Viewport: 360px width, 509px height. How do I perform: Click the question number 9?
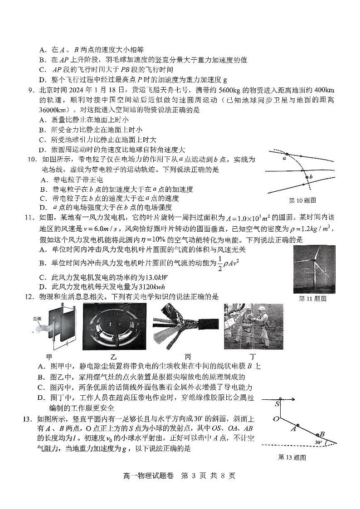pos(31,90)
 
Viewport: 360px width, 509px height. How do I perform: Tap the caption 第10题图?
pos(302,200)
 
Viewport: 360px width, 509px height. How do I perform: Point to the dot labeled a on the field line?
pos(287,155)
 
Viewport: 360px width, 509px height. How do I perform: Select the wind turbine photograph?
pos(314,269)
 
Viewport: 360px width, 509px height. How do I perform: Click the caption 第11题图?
pos(312,298)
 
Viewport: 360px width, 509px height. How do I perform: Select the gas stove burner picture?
pos(114,326)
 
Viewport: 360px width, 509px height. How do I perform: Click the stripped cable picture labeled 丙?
pos(185,327)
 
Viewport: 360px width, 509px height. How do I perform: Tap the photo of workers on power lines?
pos(253,326)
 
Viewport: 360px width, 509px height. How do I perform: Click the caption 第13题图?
pos(292,457)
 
